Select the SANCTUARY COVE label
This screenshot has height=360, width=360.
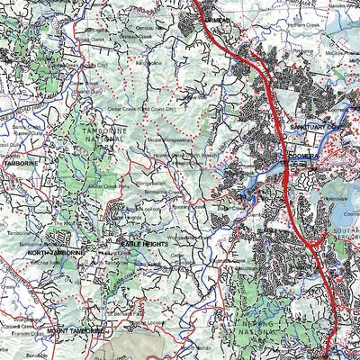[x=316, y=127]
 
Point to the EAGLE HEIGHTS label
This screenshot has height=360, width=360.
[x=145, y=244]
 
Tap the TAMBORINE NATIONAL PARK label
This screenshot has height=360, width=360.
[x=104, y=136]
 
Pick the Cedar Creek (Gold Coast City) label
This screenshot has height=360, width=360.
[x=166, y=108]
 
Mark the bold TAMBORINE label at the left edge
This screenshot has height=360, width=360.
[x=20, y=164]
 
